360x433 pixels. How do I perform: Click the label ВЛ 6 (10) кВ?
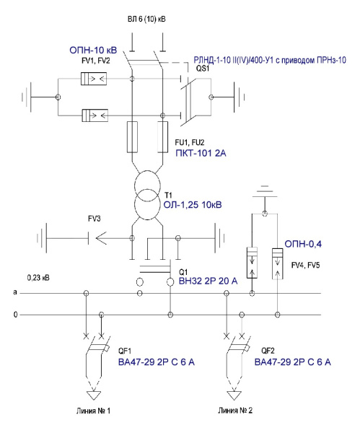pos(146,19)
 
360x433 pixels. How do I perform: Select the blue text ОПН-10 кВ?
pos(93,50)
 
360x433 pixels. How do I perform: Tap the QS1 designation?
pos(203,69)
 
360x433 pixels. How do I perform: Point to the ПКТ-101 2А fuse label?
pos(201,153)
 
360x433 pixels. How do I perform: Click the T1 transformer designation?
pos(168,196)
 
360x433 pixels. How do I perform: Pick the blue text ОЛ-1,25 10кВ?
pos(193,205)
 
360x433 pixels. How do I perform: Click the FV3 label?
pos(95,219)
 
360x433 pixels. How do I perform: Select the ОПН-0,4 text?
pos(303,244)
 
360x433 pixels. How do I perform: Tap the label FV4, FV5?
pos(306,265)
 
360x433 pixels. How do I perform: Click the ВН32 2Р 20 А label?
pos(208,281)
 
